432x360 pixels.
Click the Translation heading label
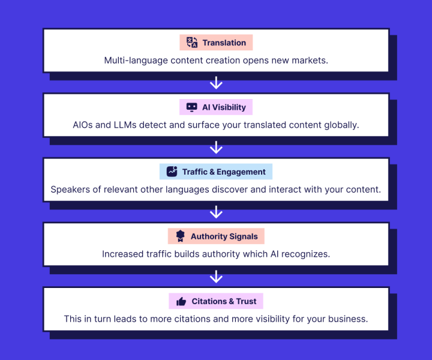click(224, 43)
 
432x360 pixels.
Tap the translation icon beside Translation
click(192, 43)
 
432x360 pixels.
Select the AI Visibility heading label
click(224, 107)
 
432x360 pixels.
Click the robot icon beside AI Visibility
click(192, 107)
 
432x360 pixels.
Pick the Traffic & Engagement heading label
click(224, 172)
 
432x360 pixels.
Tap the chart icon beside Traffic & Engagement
click(172, 172)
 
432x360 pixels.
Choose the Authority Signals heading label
click(224, 236)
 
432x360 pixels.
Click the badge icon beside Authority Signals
click(181, 236)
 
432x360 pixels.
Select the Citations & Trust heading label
click(224, 301)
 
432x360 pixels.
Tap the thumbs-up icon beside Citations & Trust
click(181, 301)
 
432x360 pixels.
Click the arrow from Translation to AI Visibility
click(216, 83)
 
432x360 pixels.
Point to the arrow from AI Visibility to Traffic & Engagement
click(216, 148)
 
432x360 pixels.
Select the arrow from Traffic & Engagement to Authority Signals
click(216, 212)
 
